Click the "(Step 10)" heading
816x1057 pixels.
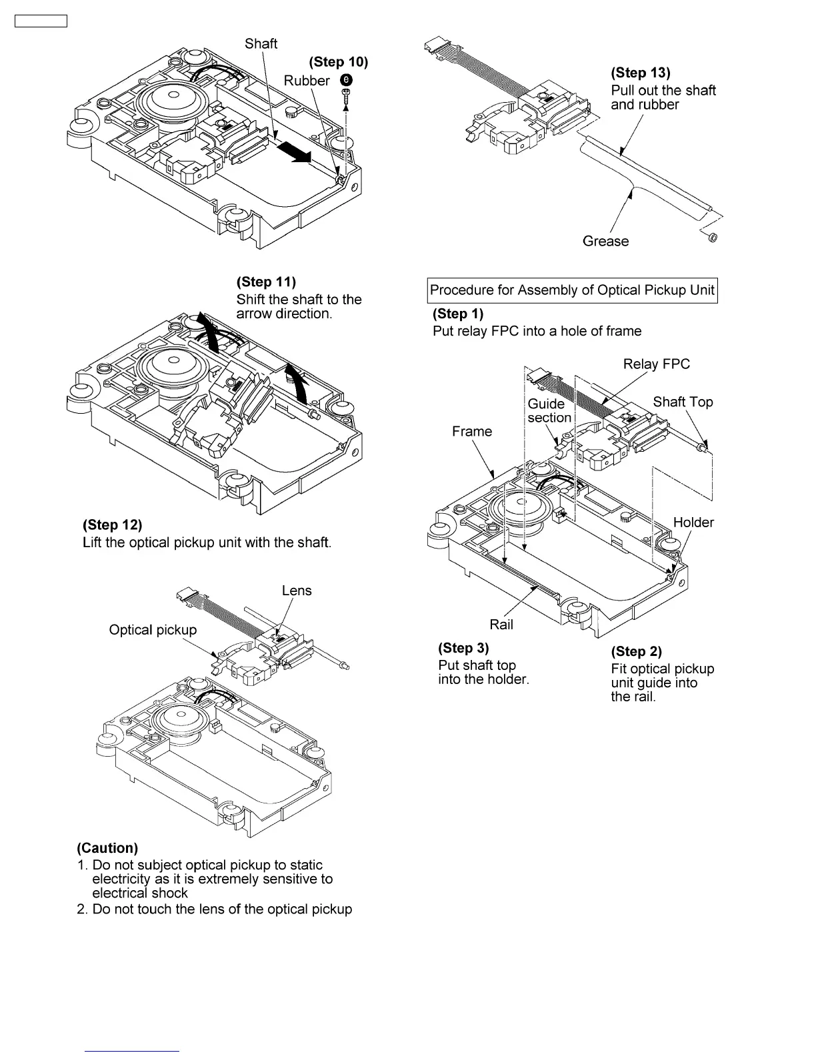[x=338, y=62]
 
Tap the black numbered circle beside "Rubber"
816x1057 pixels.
[x=347, y=80]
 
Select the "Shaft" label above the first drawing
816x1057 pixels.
[x=261, y=44]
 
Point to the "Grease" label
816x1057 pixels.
[x=605, y=242]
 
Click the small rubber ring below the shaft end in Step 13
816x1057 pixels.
[x=711, y=238]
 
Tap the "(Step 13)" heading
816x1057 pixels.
[x=641, y=73]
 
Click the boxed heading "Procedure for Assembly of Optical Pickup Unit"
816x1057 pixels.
[x=572, y=290]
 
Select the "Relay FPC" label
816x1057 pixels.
[x=656, y=364]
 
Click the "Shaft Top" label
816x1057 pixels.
[x=683, y=402]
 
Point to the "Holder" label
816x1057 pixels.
[x=693, y=522]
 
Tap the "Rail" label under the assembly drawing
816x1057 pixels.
[x=501, y=625]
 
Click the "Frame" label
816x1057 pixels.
[x=472, y=432]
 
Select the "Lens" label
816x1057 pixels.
[x=297, y=591]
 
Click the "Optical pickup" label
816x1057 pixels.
[x=153, y=630]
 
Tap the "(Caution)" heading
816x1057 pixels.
[x=107, y=848]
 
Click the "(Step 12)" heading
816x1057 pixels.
[x=112, y=526]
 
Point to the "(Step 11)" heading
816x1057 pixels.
[x=266, y=282]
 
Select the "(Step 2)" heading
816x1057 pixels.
[x=636, y=651]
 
